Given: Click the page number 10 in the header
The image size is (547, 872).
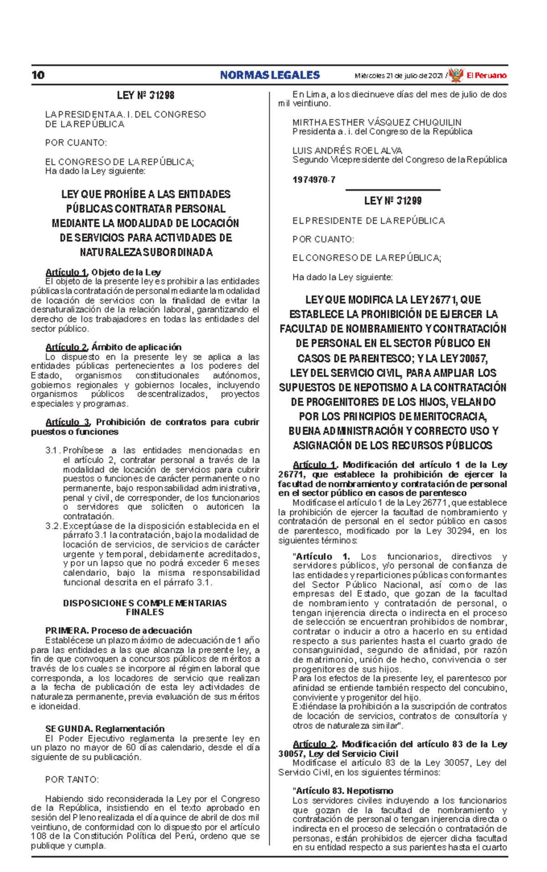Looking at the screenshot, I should (x=38, y=75).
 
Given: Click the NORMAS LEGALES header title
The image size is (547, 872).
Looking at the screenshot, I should (x=270, y=75).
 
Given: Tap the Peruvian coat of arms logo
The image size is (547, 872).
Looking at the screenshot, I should (x=455, y=75).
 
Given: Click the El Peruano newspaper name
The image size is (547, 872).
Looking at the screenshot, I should (x=486, y=76).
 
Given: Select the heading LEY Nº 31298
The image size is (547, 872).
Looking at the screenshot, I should (x=145, y=95).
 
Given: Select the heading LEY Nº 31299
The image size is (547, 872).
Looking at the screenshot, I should (x=392, y=201).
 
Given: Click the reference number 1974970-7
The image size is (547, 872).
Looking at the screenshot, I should (x=314, y=180).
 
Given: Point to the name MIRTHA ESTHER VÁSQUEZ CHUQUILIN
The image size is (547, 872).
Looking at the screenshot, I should (x=377, y=123).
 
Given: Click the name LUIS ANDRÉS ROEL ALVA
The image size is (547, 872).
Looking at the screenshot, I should (x=347, y=150).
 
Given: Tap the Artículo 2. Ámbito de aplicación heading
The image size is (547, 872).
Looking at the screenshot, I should (x=114, y=347).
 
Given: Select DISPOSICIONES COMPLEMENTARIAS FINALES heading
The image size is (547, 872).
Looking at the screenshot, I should (x=144, y=608).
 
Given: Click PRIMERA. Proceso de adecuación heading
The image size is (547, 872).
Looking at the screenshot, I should (x=119, y=631).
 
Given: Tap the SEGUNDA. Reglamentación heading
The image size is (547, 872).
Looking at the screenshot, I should (x=105, y=728).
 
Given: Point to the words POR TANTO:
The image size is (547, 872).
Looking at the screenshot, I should (x=72, y=780).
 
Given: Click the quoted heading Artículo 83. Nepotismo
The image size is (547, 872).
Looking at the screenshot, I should (x=343, y=791).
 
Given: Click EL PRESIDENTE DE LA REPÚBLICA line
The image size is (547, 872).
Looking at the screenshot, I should (x=368, y=221).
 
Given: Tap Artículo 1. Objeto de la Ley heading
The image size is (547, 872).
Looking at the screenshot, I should (x=103, y=272).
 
